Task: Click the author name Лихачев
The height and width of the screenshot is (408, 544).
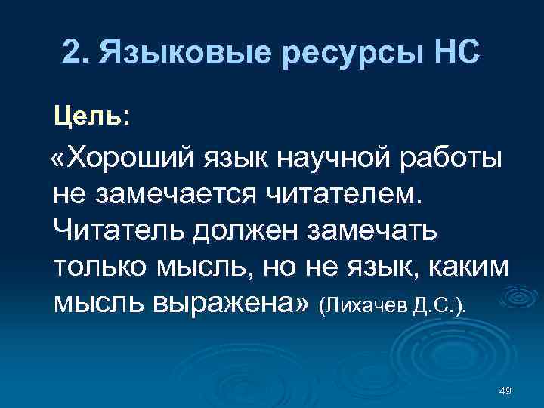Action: (365, 305)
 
